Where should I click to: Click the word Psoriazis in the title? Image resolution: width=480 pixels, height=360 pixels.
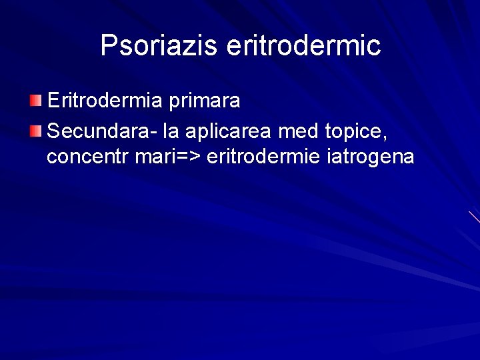[159, 45]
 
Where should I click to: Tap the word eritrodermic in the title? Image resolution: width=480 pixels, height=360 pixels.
[303, 45]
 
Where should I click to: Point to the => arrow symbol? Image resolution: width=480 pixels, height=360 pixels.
[190, 157]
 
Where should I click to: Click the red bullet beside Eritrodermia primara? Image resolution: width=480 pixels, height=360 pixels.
[35, 101]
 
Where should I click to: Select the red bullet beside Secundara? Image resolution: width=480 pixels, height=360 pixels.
[35, 130]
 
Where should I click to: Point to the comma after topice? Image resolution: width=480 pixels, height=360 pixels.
[384, 136]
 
